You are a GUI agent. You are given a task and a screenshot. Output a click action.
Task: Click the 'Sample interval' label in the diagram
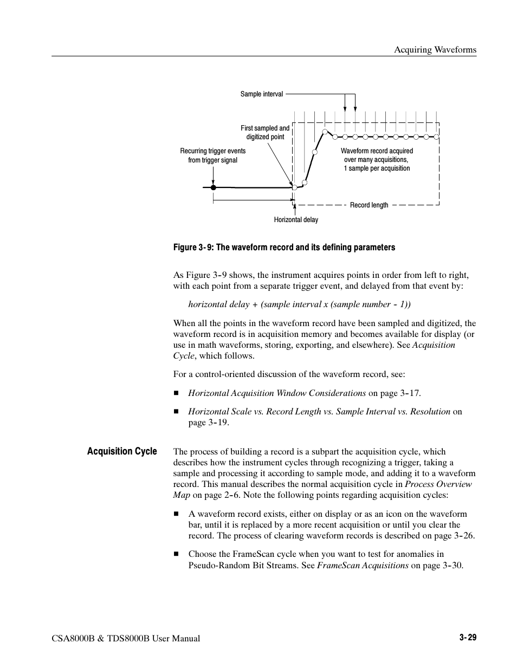[261, 94]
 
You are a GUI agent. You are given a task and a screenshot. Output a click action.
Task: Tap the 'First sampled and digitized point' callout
[265, 133]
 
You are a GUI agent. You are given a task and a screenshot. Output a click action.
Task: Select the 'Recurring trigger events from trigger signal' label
[212, 155]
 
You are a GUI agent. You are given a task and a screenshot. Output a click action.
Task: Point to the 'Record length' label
[369, 205]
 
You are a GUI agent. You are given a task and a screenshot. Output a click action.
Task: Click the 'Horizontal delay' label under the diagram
[296, 220]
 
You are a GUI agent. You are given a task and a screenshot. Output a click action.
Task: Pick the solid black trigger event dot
[214, 187]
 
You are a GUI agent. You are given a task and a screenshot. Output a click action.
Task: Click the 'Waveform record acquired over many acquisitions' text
[377, 160]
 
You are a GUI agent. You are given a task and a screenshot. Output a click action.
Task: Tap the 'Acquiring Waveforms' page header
[435, 50]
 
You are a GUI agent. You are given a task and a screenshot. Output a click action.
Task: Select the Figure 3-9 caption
[284, 248]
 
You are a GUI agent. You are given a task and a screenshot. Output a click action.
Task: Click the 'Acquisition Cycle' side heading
[122, 451]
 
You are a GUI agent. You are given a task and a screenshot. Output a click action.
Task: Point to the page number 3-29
[468, 638]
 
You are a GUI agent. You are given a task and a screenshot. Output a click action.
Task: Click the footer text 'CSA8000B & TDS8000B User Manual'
[126, 639]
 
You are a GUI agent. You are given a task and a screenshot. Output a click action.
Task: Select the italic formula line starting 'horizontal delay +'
[295, 304]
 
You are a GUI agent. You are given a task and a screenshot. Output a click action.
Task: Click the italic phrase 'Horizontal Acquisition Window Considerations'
[277, 393]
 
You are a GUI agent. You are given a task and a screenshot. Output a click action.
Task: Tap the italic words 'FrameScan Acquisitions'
[363, 566]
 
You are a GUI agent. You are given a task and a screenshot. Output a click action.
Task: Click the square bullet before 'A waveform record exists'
[176, 514]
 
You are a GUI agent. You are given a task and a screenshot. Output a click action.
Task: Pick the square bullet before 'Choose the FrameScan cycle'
[176, 554]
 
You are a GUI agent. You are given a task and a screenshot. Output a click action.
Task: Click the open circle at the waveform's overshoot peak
[325, 132]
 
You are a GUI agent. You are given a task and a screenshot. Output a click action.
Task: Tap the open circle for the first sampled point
[295, 187]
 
